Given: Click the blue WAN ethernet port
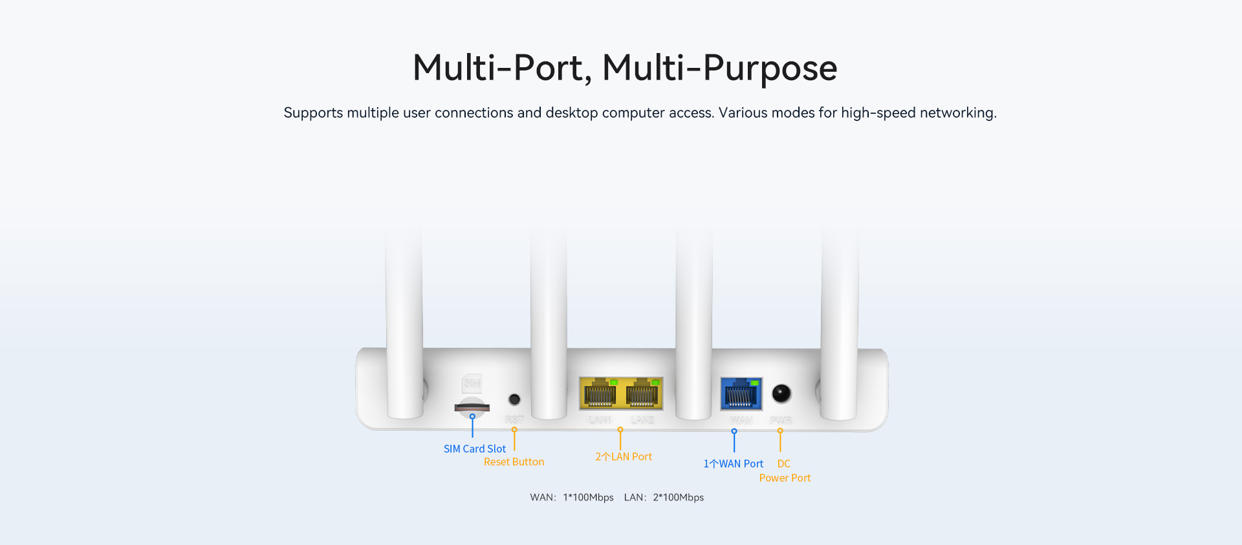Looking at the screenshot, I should pyautogui.click(x=741, y=394).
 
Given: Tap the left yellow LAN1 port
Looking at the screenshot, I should pyautogui.click(x=600, y=393).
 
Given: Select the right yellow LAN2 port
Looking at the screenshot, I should pyautogui.click(x=642, y=393).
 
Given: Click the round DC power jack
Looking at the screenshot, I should pyautogui.click(x=781, y=393).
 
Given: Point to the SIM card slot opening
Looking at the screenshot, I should pyautogui.click(x=472, y=407).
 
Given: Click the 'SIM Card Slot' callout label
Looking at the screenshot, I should pyautogui.click(x=474, y=449).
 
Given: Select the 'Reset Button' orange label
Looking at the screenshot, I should pyautogui.click(x=514, y=462).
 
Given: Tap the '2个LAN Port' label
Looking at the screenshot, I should pyautogui.click(x=624, y=456).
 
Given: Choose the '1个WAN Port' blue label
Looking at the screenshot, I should pyautogui.click(x=733, y=464).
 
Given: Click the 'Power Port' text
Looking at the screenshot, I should pyautogui.click(x=785, y=478).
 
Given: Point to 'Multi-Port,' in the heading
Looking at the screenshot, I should pyautogui.click(x=502, y=68).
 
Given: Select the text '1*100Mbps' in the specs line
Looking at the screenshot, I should pyautogui.click(x=588, y=497).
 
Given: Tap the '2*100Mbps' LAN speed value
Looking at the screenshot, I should pyautogui.click(x=678, y=497).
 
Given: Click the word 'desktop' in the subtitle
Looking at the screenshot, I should pyautogui.click(x=572, y=112).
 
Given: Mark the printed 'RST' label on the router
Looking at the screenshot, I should pyautogui.click(x=514, y=420).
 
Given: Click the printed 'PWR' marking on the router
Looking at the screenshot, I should pyautogui.click(x=781, y=420).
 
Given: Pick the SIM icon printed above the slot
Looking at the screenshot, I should pyautogui.click(x=472, y=383).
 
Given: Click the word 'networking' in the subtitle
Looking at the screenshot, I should pyautogui.click(x=957, y=112).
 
